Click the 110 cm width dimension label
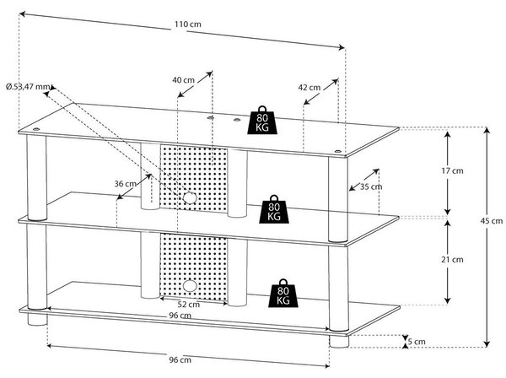(188, 24)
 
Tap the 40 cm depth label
(183, 79)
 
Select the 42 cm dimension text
(310, 88)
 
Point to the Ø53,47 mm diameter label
(29, 87)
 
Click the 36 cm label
(125, 184)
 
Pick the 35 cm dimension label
(371, 186)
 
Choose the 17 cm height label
(452, 170)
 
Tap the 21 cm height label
(452, 260)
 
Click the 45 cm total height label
(492, 221)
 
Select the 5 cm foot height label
(417, 341)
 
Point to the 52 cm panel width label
(189, 305)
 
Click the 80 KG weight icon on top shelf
(262, 120)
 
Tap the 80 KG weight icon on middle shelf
(274, 209)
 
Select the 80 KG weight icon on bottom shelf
(283, 293)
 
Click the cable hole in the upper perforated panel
(190, 198)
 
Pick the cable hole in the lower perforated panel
(190, 286)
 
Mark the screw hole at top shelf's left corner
(36, 129)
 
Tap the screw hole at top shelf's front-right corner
(338, 151)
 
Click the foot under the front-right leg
(339, 342)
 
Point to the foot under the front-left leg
(37, 319)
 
